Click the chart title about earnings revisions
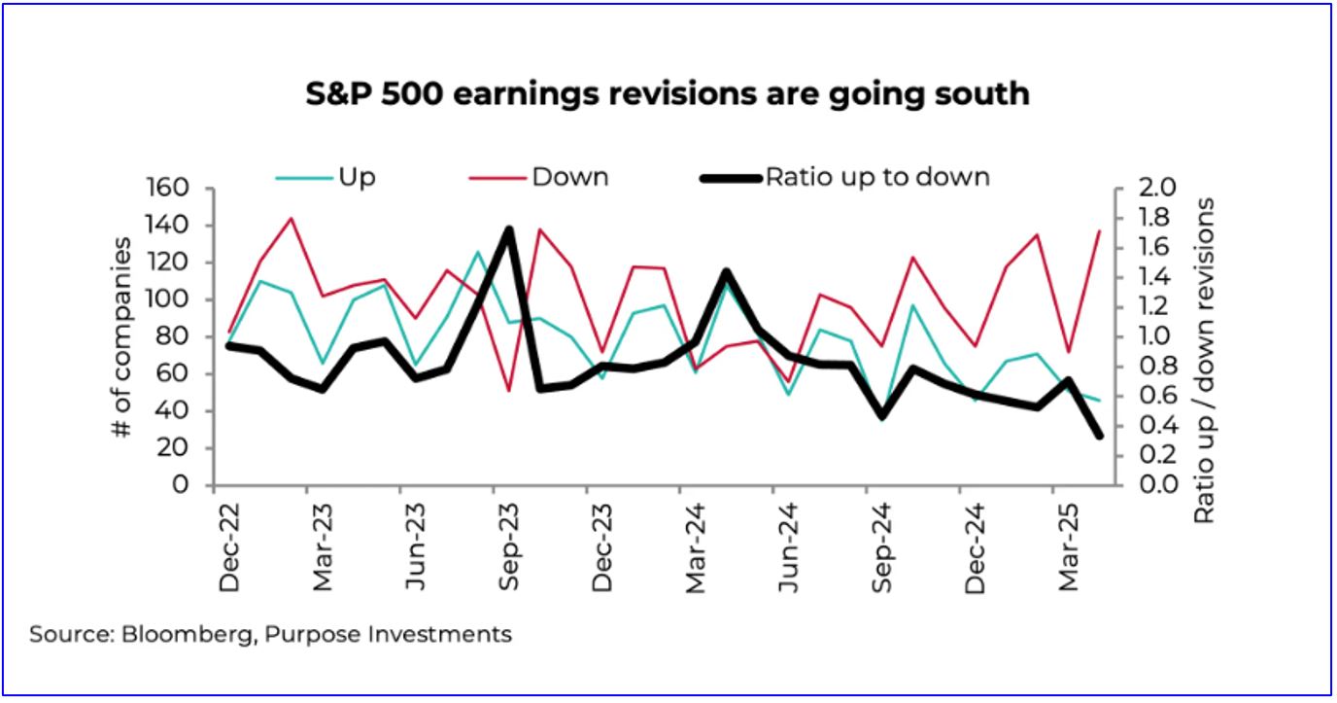[668, 93]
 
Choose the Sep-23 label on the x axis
[508, 548]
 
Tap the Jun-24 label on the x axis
[787, 548]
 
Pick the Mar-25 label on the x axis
[1066, 548]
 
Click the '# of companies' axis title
[123, 336]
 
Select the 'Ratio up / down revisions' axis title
[1205, 361]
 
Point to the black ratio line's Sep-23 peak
[508, 230]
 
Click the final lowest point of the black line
[1099, 435]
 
